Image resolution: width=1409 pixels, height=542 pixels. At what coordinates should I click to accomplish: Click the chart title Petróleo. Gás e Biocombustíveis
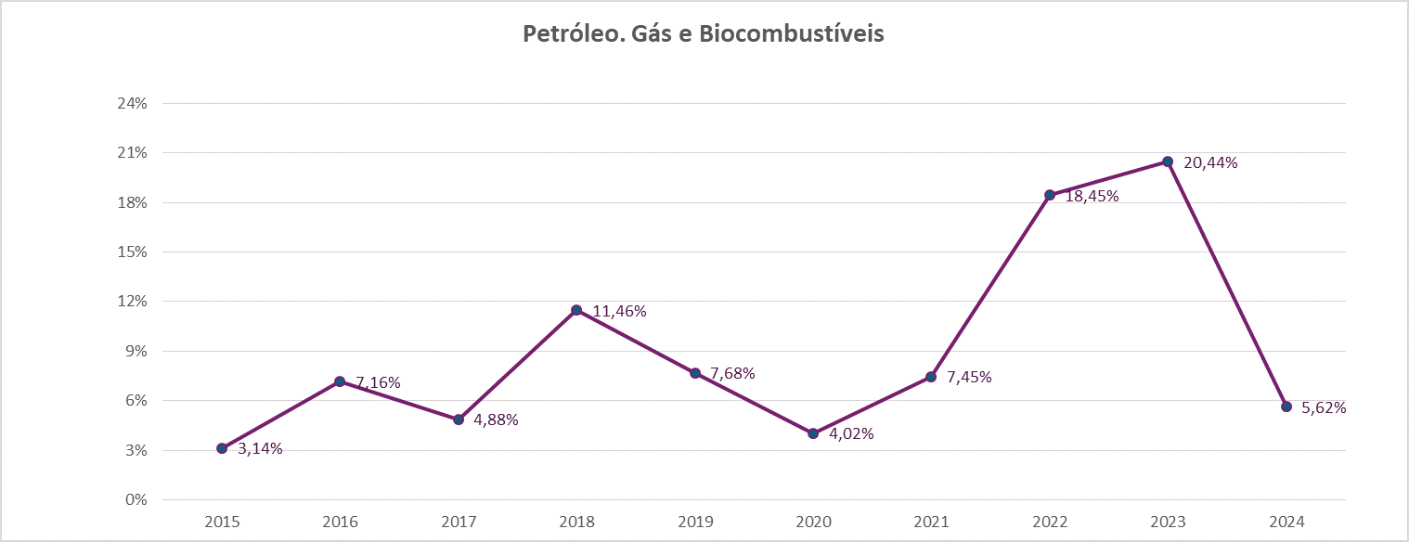(704, 34)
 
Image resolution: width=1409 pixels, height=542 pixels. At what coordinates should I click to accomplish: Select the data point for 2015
(222, 448)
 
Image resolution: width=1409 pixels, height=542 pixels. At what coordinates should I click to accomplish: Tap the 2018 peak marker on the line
(576, 310)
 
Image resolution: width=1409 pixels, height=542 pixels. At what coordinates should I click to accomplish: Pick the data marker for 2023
(1168, 161)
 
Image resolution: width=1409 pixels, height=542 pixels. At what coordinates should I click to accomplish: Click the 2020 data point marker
(813, 433)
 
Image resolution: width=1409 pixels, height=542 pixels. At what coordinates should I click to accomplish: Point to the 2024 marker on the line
(1286, 406)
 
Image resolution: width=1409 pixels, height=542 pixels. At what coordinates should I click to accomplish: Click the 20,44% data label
(1210, 163)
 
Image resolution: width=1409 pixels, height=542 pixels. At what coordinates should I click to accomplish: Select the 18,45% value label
(1092, 197)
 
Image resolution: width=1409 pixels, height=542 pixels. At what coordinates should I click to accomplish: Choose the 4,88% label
(496, 420)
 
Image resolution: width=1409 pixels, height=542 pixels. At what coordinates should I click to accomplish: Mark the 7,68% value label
(732, 374)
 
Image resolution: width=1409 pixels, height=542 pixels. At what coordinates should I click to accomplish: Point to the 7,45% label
(969, 378)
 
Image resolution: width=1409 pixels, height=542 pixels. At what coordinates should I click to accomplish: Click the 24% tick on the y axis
(132, 103)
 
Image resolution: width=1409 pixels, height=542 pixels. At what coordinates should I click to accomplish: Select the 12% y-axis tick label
(132, 302)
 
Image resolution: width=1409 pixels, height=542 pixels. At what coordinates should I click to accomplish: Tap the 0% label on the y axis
(136, 500)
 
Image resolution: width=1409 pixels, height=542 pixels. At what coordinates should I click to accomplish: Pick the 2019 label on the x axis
(695, 522)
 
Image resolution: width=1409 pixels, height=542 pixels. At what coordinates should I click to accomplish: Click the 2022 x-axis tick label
(1050, 522)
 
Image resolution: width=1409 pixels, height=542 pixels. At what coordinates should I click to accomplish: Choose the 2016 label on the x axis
(340, 522)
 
